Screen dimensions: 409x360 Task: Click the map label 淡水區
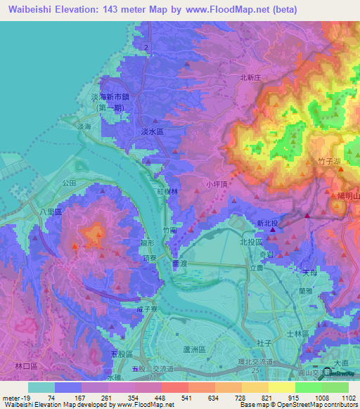pos(152,131)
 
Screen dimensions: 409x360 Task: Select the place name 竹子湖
pos(329,162)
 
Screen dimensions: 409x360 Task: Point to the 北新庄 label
pos(251,78)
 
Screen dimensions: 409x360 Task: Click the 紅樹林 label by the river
pos(167,191)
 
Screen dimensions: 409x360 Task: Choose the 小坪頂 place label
pos(217,184)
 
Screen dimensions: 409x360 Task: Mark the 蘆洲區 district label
pos(193,349)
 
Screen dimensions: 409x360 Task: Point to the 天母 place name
pos(310,272)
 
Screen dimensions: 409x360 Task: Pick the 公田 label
pos(69,182)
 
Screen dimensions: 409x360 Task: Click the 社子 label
pos(264,342)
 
